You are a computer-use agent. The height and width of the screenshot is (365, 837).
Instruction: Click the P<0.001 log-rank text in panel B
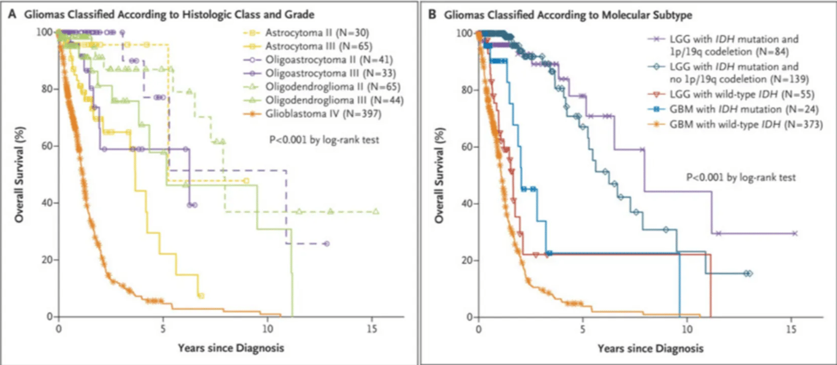[x=741, y=177]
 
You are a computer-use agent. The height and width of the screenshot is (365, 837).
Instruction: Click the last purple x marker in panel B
[x=794, y=233]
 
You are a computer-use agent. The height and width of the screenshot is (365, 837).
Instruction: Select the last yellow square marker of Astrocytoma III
[x=201, y=296]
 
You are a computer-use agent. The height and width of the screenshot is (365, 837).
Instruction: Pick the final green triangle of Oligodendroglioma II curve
[x=376, y=212]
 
